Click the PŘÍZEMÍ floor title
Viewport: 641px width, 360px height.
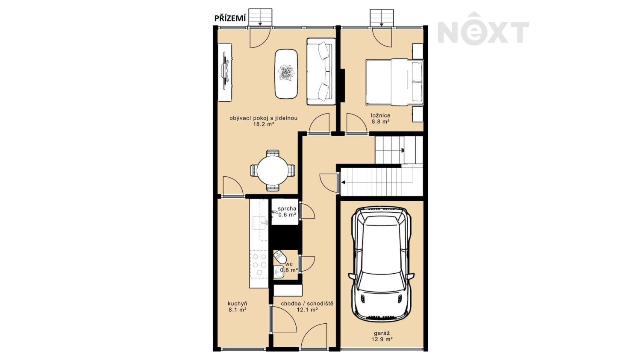coord(230,18)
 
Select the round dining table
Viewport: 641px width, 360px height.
coord(273,171)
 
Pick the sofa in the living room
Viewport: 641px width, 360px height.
coord(321,71)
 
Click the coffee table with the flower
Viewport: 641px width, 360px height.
coord(286,74)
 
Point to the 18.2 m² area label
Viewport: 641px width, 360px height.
coord(264,124)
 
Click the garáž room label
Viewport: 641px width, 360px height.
coord(382,333)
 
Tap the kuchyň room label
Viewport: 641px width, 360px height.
coord(238,304)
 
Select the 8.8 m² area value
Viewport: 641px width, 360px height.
coord(381,122)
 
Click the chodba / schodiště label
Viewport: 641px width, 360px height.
coord(307,304)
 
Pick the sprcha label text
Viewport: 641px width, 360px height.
coord(287,209)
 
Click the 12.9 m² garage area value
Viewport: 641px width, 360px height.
coord(382,340)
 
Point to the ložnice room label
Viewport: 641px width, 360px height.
coord(381,116)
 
